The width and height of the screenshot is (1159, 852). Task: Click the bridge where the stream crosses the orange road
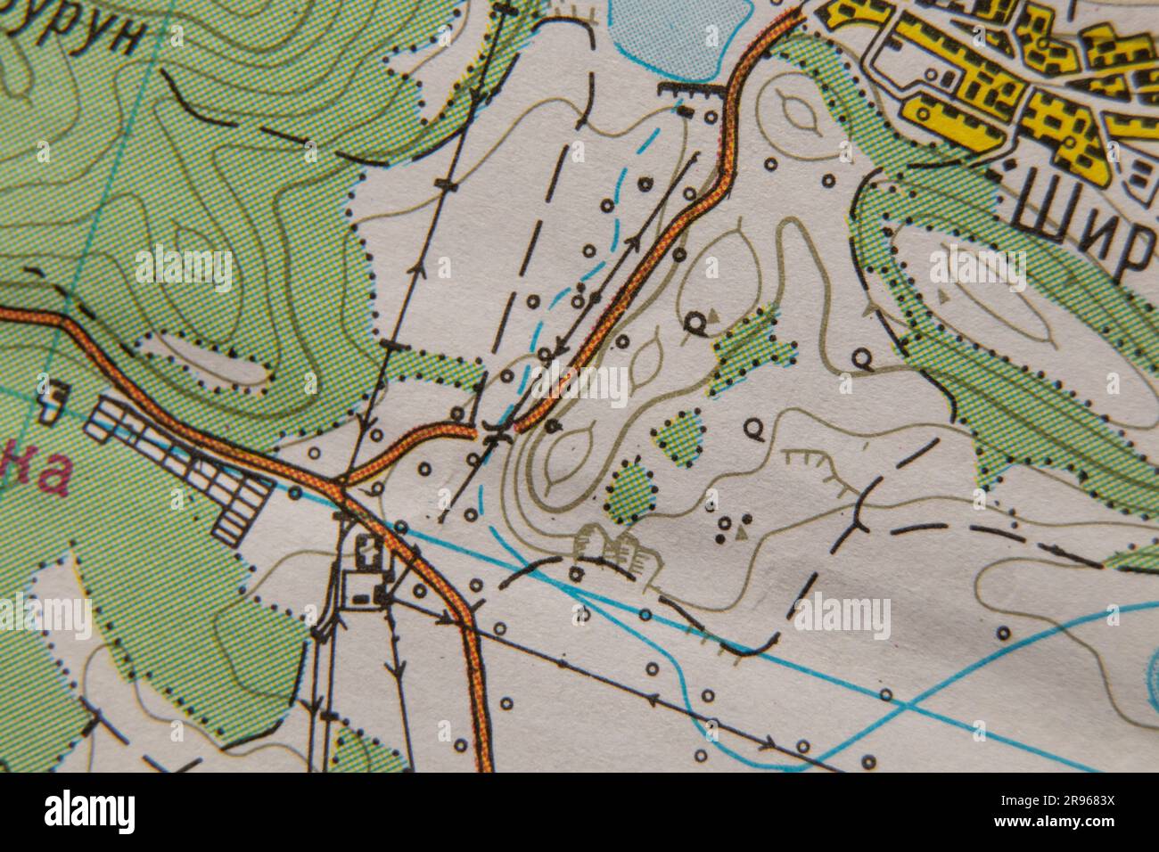click(x=496, y=435)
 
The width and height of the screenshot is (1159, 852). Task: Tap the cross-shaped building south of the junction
click(x=365, y=553)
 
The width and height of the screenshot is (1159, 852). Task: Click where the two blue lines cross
click(x=904, y=708)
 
